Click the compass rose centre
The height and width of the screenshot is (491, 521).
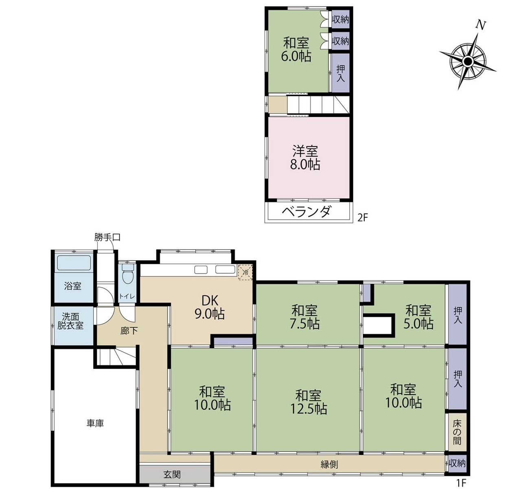(x=468, y=62)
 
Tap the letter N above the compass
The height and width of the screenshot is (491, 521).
(x=481, y=25)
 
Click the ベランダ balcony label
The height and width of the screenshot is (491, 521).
(x=306, y=212)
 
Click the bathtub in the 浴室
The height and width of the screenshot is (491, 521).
(x=74, y=263)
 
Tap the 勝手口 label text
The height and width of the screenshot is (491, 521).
(x=107, y=237)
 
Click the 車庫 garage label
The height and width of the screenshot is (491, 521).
(x=95, y=423)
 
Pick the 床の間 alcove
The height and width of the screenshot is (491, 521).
(x=457, y=432)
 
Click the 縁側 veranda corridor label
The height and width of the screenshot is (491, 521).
(x=329, y=465)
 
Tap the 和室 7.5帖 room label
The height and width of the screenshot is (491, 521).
(x=305, y=317)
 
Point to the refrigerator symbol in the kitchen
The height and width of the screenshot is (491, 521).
(x=245, y=272)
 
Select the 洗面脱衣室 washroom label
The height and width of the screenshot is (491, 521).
(x=70, y=321)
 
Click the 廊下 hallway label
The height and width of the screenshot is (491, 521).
(x=129, y=331)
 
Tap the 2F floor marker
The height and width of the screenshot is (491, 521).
(x=363, y=218)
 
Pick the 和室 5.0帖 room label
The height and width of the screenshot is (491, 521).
(x=418, y=317)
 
